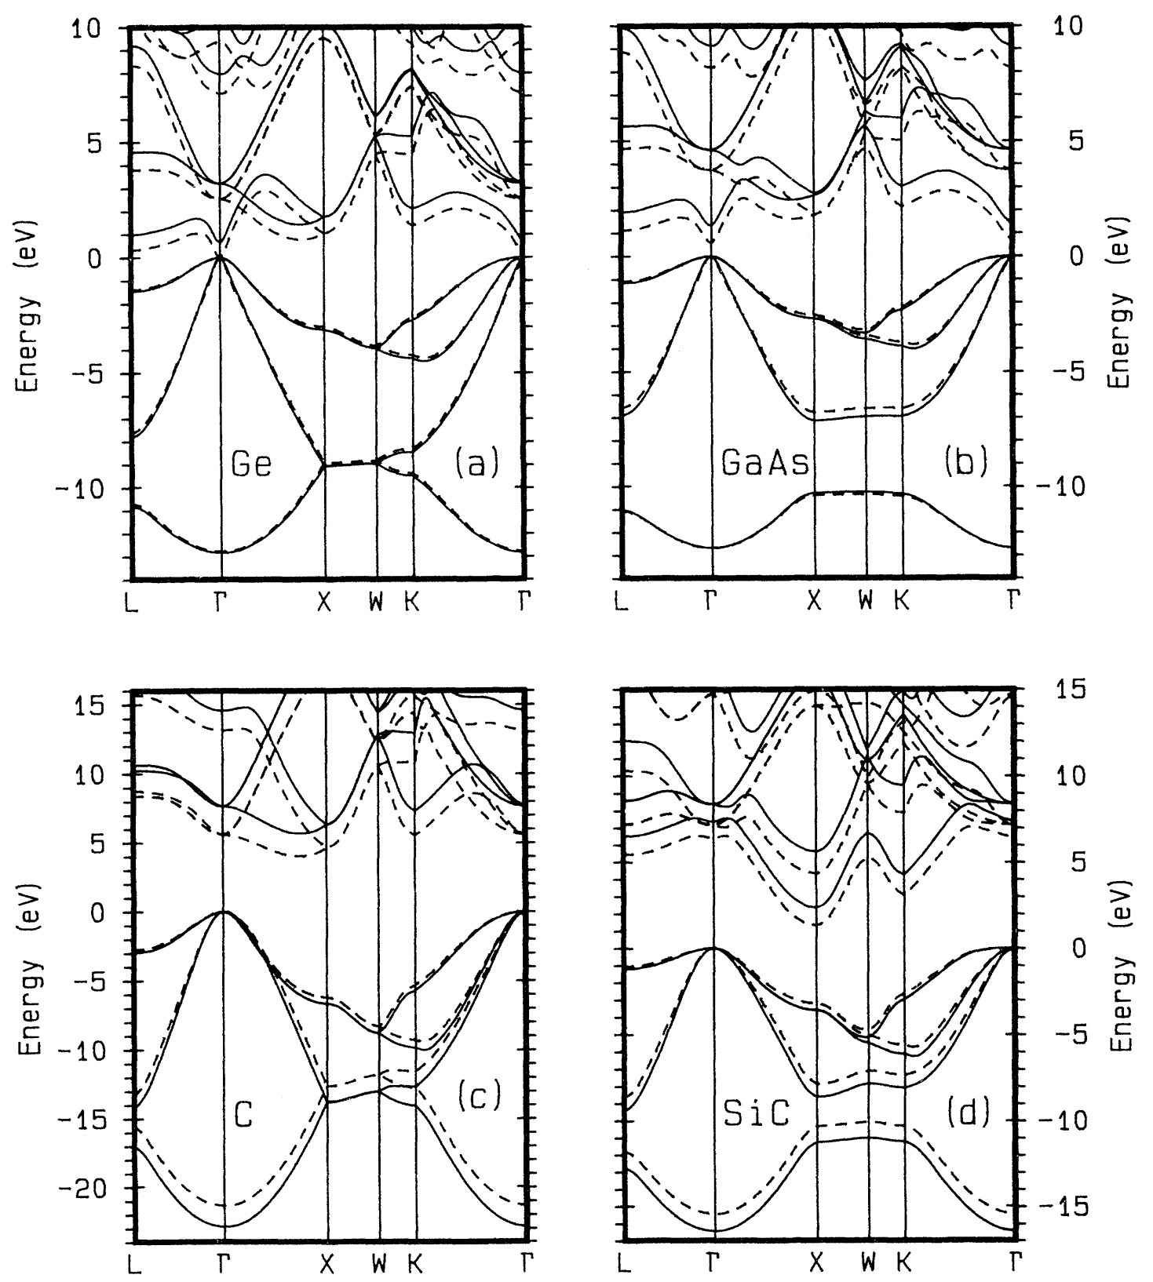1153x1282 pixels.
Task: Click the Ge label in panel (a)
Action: pyautogui.click(x=251, y=464)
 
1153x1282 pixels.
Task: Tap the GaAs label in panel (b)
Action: pyautogui.click(x=764, y=464)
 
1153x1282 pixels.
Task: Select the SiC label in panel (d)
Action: pyautogui.click(x=755, y=1114)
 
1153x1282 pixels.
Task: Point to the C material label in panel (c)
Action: pyautogui.click(x=244, y=1115)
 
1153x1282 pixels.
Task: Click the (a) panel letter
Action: pyautogui.click(x=476, y=464)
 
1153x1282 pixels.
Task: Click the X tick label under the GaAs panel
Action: pyautogui.click(x=814, y=603)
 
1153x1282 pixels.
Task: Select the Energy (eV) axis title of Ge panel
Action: pyautogui.click(x=28, y=302)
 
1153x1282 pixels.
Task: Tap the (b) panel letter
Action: pyautogui.click(x=965, y=464)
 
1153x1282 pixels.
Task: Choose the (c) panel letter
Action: pyautogui.click(x=478, y=1097)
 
